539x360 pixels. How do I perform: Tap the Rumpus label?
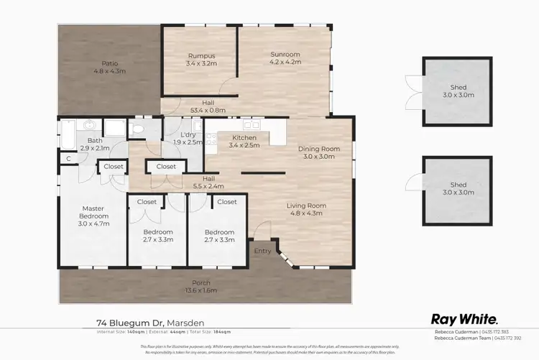(x=201, y=55)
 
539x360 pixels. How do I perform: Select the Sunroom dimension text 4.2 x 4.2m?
(x=285, y=63)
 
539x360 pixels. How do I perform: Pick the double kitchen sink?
(x=250, y=124)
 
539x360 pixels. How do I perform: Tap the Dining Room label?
(x=318, y=149)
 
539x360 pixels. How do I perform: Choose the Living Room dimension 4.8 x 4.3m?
(x=308, y=213)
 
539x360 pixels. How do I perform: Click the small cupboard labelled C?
(x=68, y=158)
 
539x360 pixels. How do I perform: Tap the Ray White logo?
(x=465, y=320)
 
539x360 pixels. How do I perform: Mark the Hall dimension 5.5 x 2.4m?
(x=208, y=186)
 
